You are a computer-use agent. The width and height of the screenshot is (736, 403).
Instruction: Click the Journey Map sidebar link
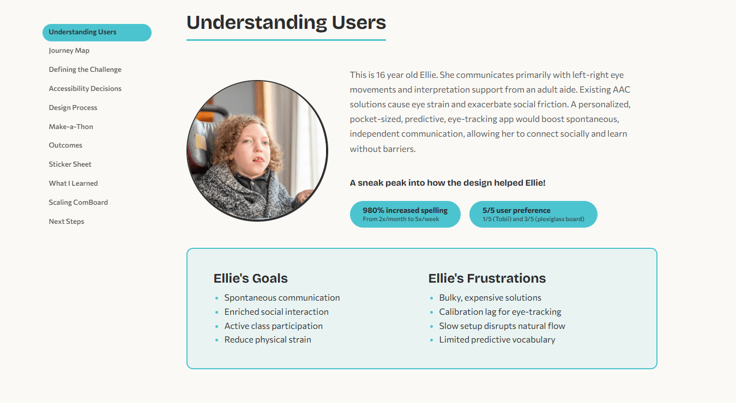[69, 51]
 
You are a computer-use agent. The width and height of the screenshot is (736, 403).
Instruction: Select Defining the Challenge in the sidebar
[85, 70]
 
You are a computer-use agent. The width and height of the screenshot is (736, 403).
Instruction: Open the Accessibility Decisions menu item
[85, 89]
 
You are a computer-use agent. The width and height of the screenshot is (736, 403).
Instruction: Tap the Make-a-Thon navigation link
[71, 127]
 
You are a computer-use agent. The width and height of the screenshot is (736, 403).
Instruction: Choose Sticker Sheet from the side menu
[70, 164]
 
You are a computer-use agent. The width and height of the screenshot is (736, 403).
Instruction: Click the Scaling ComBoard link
[78, 203]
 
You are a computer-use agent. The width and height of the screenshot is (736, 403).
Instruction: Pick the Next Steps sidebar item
[67, 222]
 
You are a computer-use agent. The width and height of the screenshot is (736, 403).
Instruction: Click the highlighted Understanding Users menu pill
[96, 32]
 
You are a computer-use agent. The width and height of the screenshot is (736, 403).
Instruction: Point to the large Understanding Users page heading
[286, 23]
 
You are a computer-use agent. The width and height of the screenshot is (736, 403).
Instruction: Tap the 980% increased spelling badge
[405, 214]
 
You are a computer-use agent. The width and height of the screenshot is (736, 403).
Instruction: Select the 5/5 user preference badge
[533, 214]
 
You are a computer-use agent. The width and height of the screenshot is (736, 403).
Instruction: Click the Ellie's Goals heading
[250, 278]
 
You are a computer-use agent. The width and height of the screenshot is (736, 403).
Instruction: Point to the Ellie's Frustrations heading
[487, 278]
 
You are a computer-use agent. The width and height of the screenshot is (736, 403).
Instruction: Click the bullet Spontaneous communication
[282, 298]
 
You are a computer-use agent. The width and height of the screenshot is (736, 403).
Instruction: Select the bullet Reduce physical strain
[268, 340]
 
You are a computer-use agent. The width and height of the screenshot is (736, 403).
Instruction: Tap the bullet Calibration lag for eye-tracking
[500, 312]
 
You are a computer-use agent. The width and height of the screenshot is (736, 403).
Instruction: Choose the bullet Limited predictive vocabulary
[497, 340]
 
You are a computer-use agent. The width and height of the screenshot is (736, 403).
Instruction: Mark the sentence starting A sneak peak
[448, 183]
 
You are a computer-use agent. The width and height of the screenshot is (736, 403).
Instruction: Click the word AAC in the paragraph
[621, 89]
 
